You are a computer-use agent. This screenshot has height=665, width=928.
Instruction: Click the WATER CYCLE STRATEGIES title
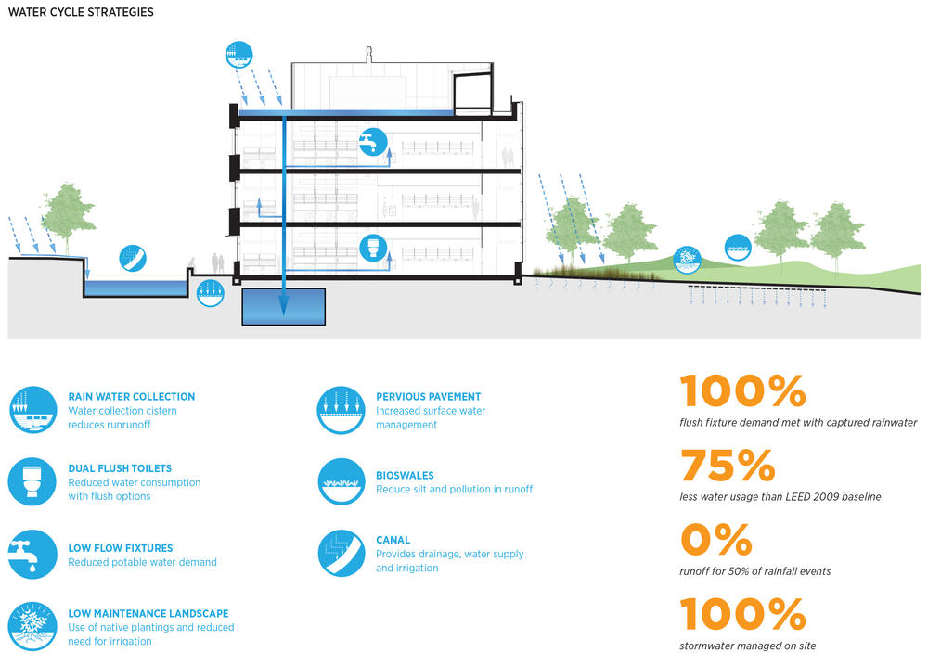click(x=81, y=12)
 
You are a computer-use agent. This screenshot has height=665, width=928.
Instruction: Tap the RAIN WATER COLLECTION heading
click(x=132, y=396)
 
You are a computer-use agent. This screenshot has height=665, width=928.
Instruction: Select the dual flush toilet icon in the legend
click(x=32, y=481)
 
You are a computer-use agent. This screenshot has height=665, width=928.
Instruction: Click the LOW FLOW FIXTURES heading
click(x=121, y=548)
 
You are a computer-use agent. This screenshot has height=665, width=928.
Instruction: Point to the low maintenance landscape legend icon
click(x=32, y=626)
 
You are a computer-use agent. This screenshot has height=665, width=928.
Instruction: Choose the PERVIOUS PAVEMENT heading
click(x=429, y=396)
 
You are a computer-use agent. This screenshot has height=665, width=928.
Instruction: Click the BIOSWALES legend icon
click(x=341, y=481)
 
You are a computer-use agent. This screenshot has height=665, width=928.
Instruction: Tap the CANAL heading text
click(x=393, y=540)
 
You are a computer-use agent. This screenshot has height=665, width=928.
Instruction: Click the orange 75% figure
click(x=728, y=465)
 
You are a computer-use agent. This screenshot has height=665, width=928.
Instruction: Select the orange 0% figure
click(x=716, y=540)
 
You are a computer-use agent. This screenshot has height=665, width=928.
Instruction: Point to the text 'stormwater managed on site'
click(x=747, y=646)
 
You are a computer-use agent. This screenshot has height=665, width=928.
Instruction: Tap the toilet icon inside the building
click(x=373, y=249)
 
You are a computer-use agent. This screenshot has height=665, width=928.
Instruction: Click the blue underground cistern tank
click(x=283, y=306)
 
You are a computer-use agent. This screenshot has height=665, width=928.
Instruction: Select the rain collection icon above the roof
click(x=239, y=55)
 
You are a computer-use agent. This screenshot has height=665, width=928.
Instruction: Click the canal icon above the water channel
click(x=133, y=259)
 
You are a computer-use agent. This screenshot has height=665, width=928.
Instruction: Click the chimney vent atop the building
click(x=369, y=55)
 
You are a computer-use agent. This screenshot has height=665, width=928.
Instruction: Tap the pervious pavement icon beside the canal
click(x=210, y=293)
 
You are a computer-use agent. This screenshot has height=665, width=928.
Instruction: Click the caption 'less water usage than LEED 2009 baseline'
click(x=780, y=497)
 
